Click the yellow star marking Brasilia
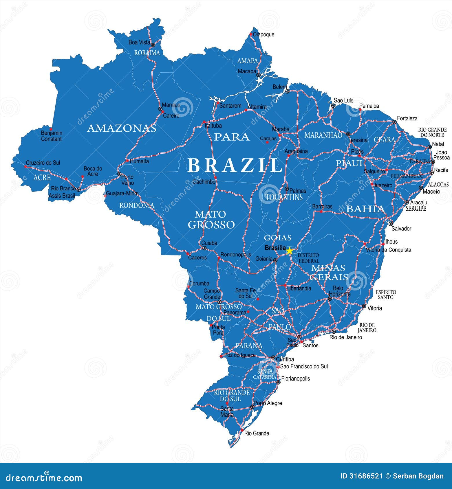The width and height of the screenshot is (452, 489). (290, 251)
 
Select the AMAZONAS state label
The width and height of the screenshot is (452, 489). (122, 128)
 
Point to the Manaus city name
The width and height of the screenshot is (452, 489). (171, 105)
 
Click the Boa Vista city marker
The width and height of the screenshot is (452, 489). (153, 45)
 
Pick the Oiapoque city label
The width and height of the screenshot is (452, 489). (263, 34)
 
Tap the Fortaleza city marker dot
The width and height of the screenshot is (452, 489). (394, 122)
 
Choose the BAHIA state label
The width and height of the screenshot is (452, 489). (365, 209)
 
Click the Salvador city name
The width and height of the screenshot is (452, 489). (401, 229)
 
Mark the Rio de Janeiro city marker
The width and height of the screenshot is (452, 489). (334, 332)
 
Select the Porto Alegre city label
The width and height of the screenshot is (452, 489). (268, 403)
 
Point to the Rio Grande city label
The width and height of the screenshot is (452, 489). (257, 433)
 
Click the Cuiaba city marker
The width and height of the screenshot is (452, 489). (204, 248)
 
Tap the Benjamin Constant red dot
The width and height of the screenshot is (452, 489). (51, 129)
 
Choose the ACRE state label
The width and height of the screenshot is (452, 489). (42, 177)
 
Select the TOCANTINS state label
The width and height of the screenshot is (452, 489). (284, 197)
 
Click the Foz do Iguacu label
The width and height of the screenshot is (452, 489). (240, 355)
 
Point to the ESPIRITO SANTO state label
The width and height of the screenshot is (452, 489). (386, 295)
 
